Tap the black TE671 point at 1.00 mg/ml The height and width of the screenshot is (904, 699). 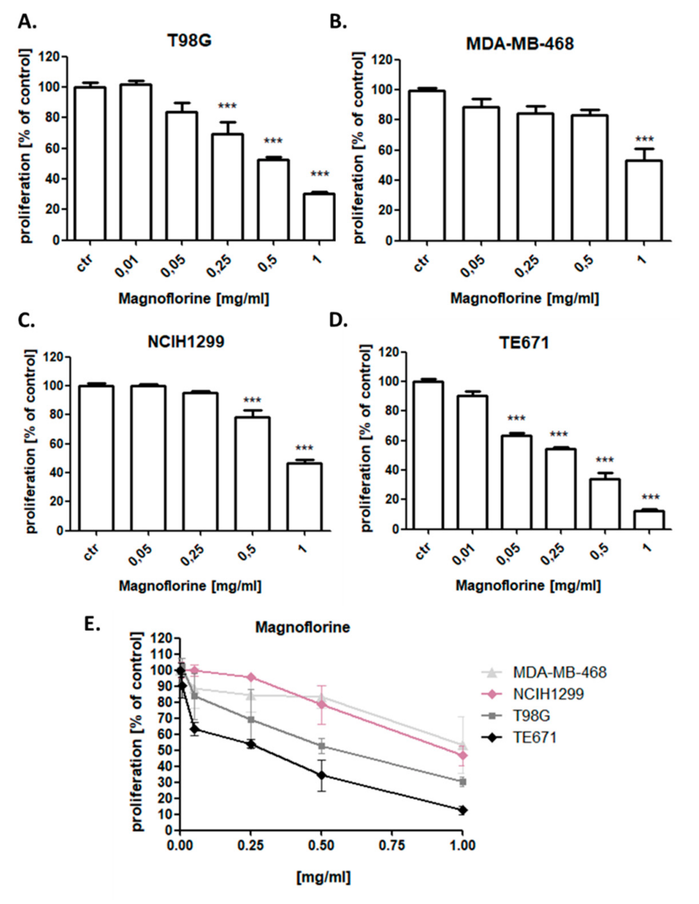[463, 810]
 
